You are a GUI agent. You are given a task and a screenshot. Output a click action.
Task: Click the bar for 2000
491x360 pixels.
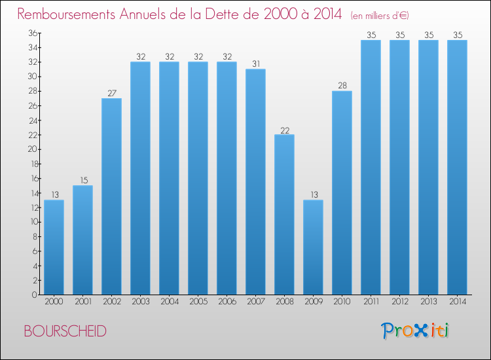tap(54, 247)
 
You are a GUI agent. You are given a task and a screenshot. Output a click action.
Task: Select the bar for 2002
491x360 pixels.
tap(111, 196)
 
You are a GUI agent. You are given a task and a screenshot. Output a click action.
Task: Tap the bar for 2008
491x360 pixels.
tap(284, 215)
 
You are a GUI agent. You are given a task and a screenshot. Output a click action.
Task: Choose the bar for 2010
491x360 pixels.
tap(342, 193)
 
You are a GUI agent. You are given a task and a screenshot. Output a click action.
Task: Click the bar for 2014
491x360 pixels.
tap(457, 168)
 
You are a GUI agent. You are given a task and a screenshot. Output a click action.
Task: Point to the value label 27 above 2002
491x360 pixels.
tap(111, 92)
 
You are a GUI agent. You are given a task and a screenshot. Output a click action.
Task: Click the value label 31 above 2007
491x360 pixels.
tap(255, 63)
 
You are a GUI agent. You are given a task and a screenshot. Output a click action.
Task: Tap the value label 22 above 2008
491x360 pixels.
tap(284, 129)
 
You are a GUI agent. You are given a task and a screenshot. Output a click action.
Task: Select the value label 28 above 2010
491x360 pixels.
tap(342, 85)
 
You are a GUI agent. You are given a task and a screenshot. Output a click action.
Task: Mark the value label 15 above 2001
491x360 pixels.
tap(82, 180)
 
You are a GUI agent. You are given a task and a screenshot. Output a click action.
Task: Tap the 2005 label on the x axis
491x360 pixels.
tap(198, 302)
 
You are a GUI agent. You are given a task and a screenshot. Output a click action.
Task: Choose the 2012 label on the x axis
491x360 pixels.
tap(399, 302)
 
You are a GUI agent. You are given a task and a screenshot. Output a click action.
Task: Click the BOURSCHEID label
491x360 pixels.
tap(65, 331)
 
